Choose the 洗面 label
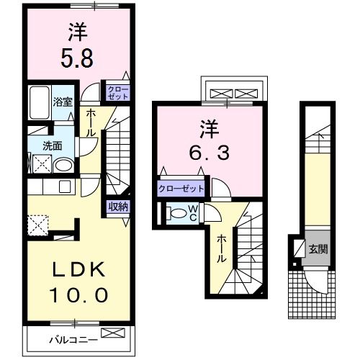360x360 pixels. point(52,145)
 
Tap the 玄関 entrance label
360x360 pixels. point(317,249)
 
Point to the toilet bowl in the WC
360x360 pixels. point(176,213)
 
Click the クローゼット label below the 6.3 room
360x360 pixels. point(181,189)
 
